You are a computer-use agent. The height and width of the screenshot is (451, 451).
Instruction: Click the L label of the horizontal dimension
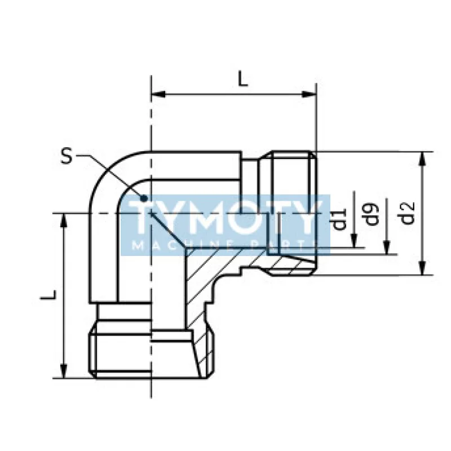[x=242, y=78]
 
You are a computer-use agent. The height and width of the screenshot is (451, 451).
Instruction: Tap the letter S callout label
[x=68, y=156]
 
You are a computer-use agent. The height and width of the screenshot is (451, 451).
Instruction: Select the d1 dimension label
[x=339, y=219]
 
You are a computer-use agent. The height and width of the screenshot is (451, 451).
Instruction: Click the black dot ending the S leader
[x=144, y=198]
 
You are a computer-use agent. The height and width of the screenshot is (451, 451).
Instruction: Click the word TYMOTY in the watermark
[x=225, y=218]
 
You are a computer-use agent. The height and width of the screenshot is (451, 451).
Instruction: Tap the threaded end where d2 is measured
[x=291, y=213]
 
